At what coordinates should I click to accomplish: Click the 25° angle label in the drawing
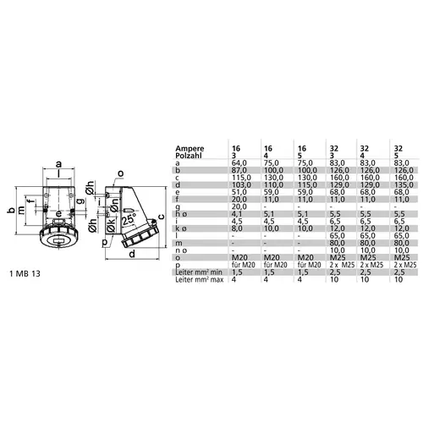(x=127, y=217)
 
